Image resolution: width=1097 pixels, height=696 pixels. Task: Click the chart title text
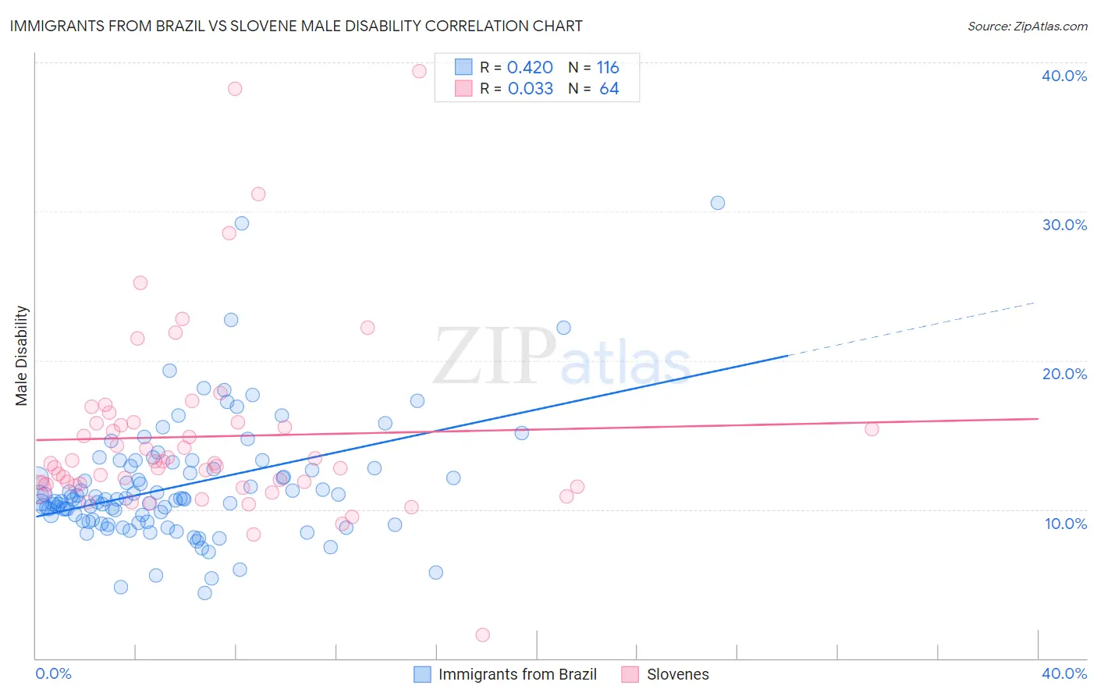296,26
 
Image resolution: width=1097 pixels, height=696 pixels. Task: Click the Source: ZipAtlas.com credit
1027,26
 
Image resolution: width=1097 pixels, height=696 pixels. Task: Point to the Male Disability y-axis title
22,355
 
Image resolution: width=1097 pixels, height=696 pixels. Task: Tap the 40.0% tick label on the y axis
1063,76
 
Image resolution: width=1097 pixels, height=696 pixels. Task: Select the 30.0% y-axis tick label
1063,225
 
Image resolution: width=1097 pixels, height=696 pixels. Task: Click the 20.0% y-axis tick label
1063,374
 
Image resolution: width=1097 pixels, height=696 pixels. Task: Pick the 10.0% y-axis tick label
1065,524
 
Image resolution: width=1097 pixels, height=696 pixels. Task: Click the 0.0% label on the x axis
53,673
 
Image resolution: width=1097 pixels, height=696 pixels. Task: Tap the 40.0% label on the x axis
1063,673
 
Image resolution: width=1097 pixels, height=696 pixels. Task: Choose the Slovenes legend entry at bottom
677,674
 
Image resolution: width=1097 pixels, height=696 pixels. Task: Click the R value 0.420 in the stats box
530,67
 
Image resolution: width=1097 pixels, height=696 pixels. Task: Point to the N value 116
608,67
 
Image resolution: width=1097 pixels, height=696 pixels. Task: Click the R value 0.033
531,88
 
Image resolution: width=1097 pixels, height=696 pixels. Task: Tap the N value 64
609,88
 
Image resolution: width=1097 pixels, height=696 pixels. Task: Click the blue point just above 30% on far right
717,203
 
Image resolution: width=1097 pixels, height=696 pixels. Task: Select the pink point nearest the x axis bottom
482,635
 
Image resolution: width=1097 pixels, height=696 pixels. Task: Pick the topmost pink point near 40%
419,71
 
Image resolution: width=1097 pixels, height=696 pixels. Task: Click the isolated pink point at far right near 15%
872,429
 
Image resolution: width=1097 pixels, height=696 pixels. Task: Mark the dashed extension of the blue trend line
913,328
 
